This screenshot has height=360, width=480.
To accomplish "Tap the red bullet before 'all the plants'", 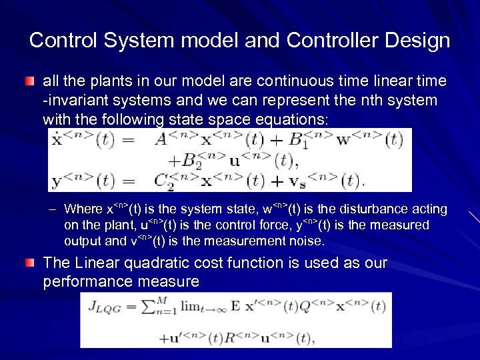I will pyautogui.click(x=30, y=81).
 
